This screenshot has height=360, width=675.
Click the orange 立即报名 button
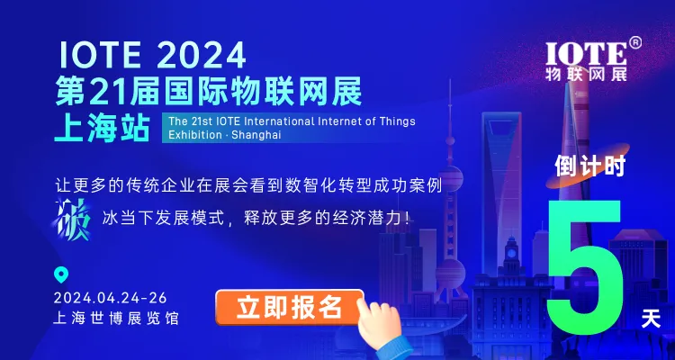(x=289, y=307)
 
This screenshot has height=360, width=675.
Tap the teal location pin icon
(x=60, y=274)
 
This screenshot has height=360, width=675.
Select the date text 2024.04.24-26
(x=111, y=298)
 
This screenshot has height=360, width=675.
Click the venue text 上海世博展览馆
(x=115, y=319)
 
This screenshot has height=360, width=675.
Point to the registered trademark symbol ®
(x=635, y=42)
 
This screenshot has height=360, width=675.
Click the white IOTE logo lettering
(x=586, y=55)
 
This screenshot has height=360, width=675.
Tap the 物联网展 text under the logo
(x=586, y=74)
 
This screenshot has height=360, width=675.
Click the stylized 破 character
(x=73, y=220)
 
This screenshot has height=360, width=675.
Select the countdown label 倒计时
(x=589, y=166)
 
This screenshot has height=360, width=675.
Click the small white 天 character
(x=651, y=319)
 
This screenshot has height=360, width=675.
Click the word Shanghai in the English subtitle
(x=256, y=134)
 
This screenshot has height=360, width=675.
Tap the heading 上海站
(x=102, y=128)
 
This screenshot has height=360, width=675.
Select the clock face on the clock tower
(x=511, y=253)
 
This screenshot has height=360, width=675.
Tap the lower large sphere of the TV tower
(x=450, y=274)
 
